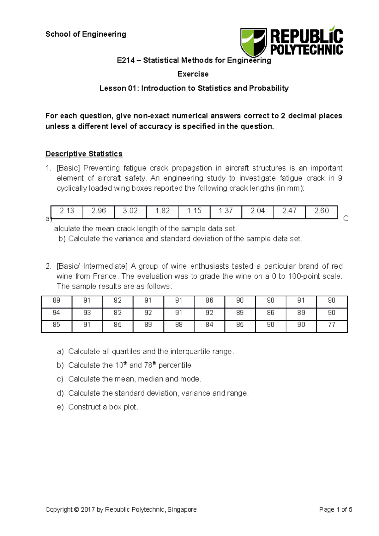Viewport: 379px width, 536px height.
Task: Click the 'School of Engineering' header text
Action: click(86, 34)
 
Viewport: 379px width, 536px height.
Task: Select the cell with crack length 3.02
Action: click(130, 211)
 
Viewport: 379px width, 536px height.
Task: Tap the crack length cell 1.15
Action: click(194, 211)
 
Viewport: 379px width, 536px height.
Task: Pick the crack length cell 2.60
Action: click(321, 211)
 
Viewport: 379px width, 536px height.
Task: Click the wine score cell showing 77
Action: click(331, 325)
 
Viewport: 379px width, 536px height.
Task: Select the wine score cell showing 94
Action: click(57, 313)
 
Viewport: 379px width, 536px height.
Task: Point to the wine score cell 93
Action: click(87, 313)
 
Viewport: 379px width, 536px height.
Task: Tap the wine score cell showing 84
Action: click(209, 325)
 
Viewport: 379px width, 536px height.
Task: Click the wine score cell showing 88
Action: click(179, 325)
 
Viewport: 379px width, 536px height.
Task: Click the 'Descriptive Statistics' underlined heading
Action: click(84, 154)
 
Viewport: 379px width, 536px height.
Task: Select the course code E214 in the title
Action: click(126, 60)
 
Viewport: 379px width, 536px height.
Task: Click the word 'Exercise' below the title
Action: click(193, 74)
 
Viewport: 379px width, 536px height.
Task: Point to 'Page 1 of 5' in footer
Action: click(335, 509)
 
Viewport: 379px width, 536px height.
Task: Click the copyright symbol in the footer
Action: click(76, 509)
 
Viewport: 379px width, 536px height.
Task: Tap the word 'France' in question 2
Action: click(105, 277)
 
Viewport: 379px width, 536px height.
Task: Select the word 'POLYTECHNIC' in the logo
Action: click(306, 50)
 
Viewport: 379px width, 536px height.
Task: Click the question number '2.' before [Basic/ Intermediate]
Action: click(48, 266)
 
